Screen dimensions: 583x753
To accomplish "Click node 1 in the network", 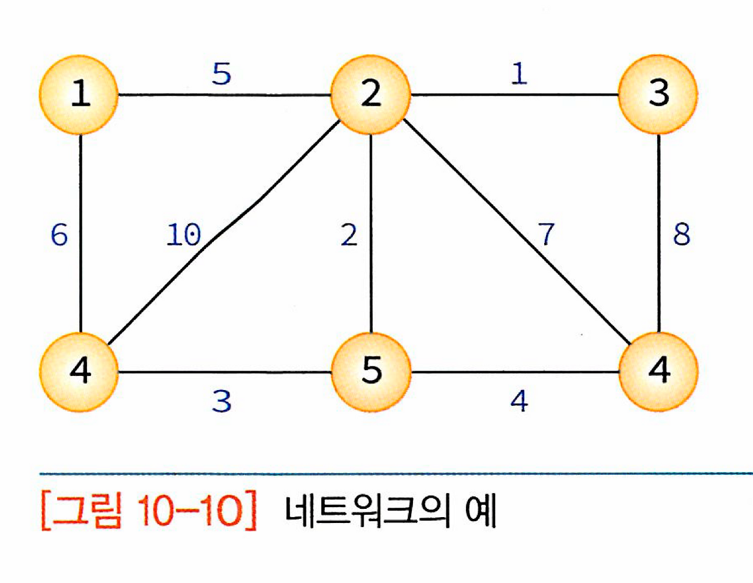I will tap(79, 94).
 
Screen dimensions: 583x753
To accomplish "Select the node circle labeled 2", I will tap(370, 94).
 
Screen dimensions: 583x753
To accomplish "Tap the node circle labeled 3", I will tap(658, 94).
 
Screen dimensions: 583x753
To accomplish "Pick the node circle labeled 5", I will tap(371, 371).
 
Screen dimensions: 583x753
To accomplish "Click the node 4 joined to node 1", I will tap(79, 371).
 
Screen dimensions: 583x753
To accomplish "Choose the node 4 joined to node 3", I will tap(658, 371).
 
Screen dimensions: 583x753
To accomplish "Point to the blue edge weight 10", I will tap(184, 235).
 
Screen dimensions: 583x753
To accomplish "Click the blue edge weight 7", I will tap(547, 234).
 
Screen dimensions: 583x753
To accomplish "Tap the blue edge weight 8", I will tap(681, 234).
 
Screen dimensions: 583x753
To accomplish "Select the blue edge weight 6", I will tap(59, 235).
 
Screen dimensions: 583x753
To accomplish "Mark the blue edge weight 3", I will tap(222, 401).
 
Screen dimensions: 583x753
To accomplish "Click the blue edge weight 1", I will tap(518, 74).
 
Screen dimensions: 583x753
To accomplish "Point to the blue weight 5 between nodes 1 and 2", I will tap(222, 74).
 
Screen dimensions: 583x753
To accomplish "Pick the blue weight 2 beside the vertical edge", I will tap(349, 235).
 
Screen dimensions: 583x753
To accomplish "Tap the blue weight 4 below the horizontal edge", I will tap(519, 401).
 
